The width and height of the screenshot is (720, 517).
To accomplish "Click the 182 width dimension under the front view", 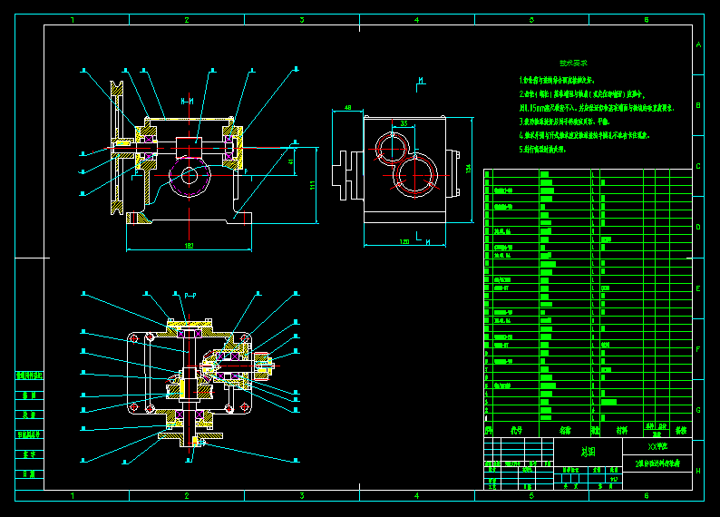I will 189,246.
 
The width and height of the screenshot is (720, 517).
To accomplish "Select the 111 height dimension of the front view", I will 311,185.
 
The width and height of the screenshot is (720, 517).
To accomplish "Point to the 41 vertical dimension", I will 291,162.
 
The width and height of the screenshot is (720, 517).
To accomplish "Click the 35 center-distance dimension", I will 404,122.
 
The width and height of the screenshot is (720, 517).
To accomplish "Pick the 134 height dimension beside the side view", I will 469,169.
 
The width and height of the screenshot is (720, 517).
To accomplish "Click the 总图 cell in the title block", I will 588,451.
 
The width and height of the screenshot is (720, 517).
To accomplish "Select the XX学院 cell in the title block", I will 657,446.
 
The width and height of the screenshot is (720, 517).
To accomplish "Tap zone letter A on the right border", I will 697,44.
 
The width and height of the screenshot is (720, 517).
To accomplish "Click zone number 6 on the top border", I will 646,19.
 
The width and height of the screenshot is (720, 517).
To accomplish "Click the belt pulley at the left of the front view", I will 116,146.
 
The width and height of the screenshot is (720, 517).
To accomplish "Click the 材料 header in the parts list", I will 621,431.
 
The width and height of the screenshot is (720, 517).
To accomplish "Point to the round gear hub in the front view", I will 190,176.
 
